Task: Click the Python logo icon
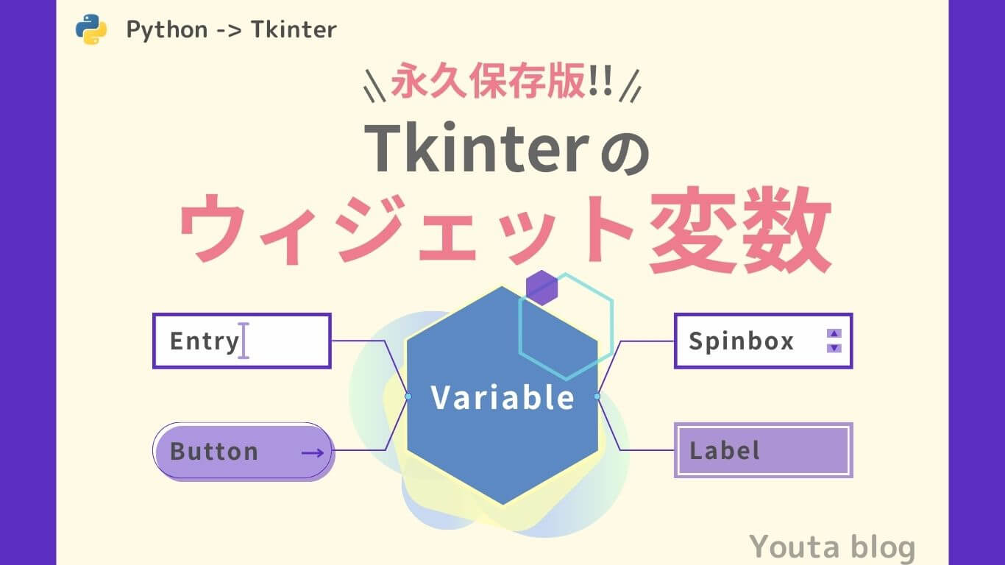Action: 91,29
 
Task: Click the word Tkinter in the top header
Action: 294,29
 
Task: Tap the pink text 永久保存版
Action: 489,83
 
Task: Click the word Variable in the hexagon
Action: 502,397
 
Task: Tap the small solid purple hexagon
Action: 541,288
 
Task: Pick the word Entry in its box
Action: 204,341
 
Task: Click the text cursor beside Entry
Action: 244,341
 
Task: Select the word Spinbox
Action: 741,341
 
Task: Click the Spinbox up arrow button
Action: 834,333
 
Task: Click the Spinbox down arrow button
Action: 834,348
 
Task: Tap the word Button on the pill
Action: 214,451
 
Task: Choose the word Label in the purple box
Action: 724,450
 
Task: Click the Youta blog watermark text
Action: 832,547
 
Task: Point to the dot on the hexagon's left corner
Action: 408,397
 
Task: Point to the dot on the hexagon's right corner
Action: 597,397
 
